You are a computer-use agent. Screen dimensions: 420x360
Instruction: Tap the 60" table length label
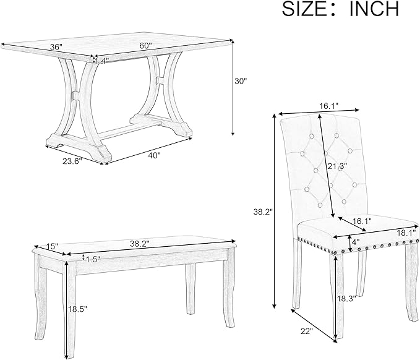pos(145,46)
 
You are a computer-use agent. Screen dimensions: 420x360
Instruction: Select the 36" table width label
pos(56,47)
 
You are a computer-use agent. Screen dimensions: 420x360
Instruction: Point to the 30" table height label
pos(240,81)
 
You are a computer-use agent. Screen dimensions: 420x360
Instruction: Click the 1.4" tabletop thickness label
pos(101,61)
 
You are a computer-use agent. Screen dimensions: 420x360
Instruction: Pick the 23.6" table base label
pos(72,161)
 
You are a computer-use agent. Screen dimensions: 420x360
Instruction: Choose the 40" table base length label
pos(154,155)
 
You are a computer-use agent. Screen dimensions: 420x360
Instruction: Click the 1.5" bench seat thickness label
pos(93,259)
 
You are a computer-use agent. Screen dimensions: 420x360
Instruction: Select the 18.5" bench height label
pos(78,309)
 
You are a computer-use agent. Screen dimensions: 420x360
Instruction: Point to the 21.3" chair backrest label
pos(337,166)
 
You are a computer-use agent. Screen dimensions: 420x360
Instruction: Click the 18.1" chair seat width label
pos(408,232)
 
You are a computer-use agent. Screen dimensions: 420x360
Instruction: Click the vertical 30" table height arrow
pos(233,88)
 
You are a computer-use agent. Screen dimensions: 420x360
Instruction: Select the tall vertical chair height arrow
pos(274,211)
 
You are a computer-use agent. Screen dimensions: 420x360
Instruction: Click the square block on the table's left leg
pos(76,96)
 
